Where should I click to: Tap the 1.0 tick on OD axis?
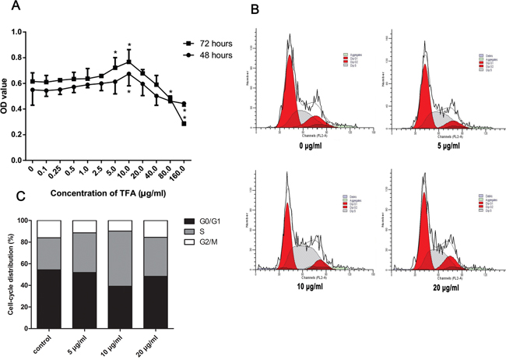coord(20,32)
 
